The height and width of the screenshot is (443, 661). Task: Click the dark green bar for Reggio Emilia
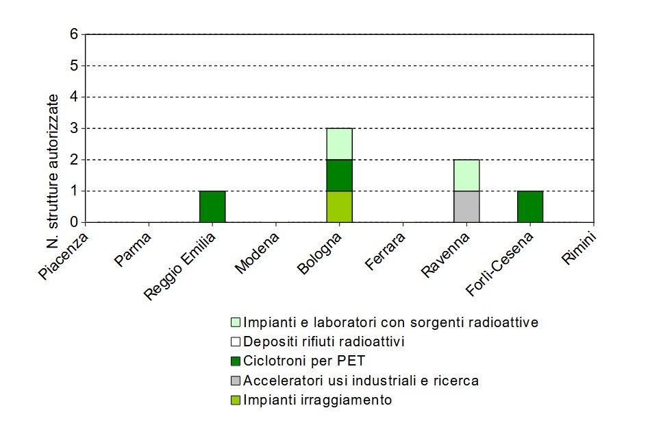(x=212, y=206)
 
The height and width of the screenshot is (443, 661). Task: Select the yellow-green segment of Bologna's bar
(x=339, y=206)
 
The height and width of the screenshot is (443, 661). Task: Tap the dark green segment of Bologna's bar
(x=339, y=175)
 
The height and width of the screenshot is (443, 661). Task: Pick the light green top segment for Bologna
(x=339, y=143)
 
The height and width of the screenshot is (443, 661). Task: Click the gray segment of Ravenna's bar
(x=466, y=206)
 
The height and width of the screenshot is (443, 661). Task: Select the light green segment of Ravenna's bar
(x=466, y=175)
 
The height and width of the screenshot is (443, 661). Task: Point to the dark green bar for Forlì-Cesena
(x=529, y=206)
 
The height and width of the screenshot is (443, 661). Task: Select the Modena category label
(x=258, y=253)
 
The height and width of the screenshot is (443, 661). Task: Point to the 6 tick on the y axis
(x=73, y=34)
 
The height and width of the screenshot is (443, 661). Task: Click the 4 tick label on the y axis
(x=73, y=97)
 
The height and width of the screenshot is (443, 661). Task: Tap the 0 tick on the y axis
(x=73, y=222)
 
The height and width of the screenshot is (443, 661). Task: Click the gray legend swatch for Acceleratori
(x=236, y=381)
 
